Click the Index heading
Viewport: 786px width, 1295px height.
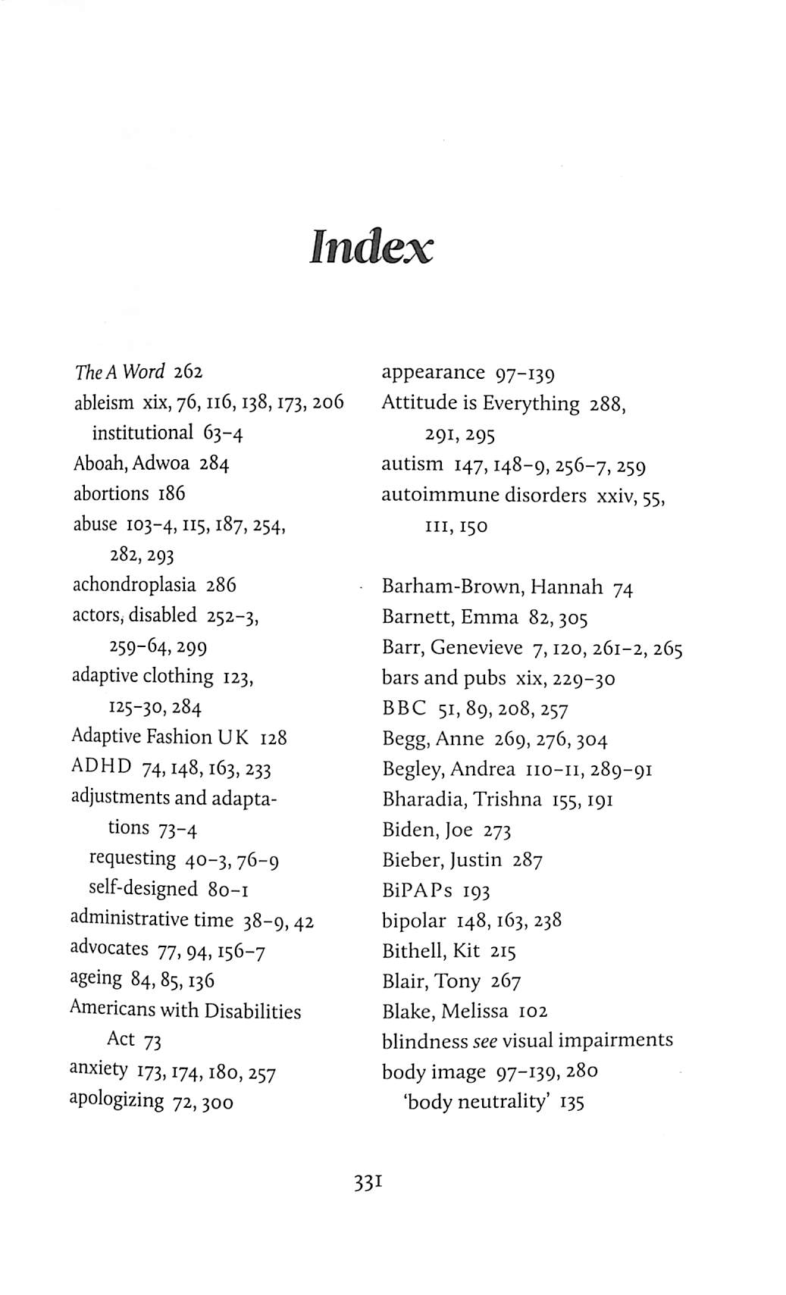tap(371, 247)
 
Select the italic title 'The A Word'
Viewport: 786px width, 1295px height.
tap(120, 372)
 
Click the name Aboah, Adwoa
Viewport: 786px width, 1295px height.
tap(131, 463)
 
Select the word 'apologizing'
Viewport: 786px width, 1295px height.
tap(116, 1099)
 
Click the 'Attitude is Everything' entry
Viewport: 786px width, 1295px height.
tap(480, 403)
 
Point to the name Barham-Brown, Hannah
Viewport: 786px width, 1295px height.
tap(492, 587)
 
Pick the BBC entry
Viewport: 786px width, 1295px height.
tap(404, 708)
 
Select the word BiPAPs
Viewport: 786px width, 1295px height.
tap(417, 890)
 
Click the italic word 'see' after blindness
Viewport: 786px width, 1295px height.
tap(485, 1041)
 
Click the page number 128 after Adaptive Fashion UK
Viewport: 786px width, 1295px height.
tap(273, 737)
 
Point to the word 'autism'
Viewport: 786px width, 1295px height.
tap(412, 464)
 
